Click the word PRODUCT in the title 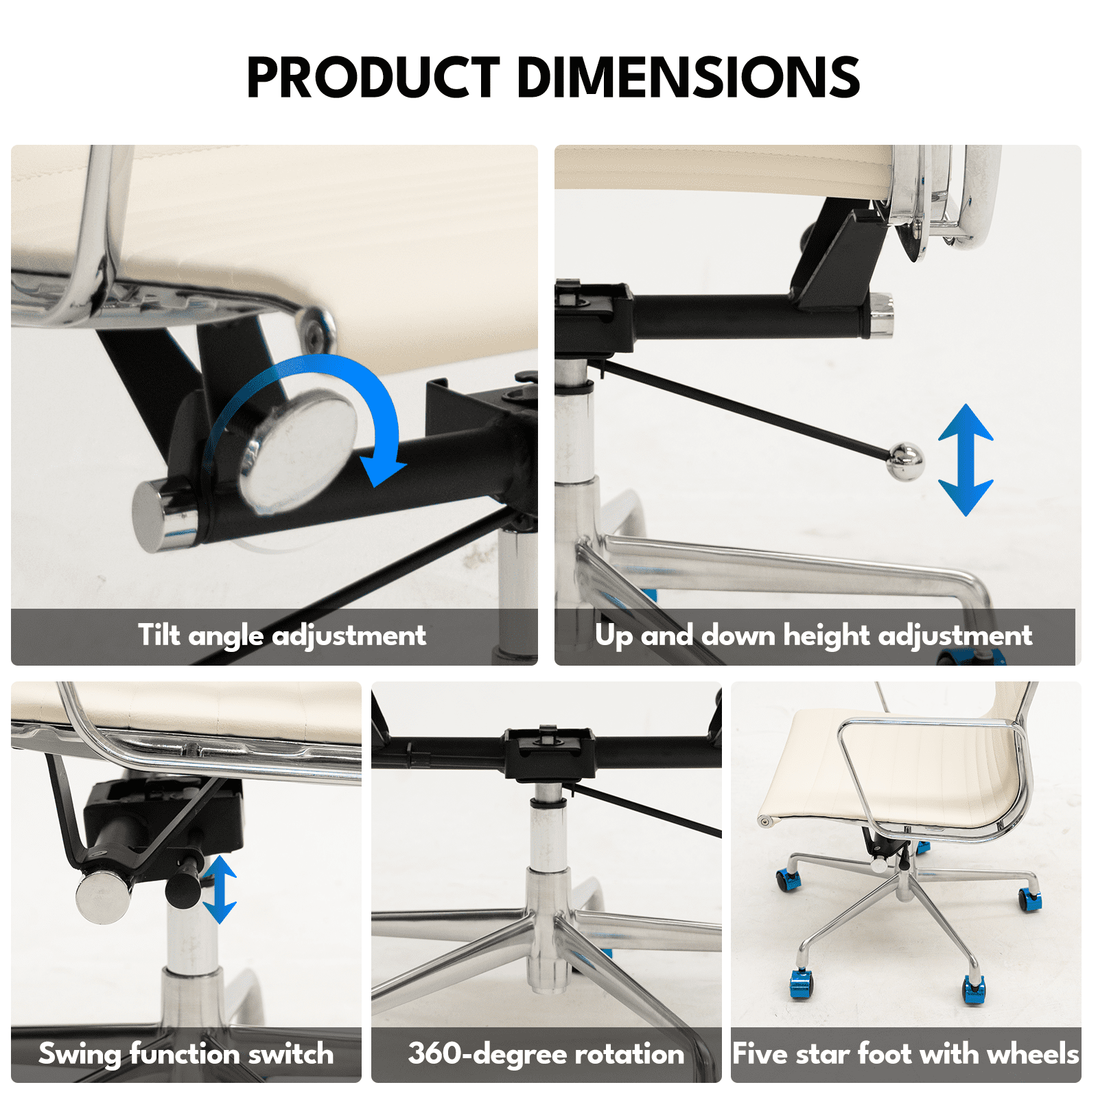point(373,77)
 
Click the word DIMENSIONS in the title point(688,77)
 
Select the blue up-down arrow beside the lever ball point(966,460)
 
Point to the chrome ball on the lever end point(905,462)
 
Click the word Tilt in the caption point(159,635)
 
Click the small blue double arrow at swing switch point(220,889)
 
